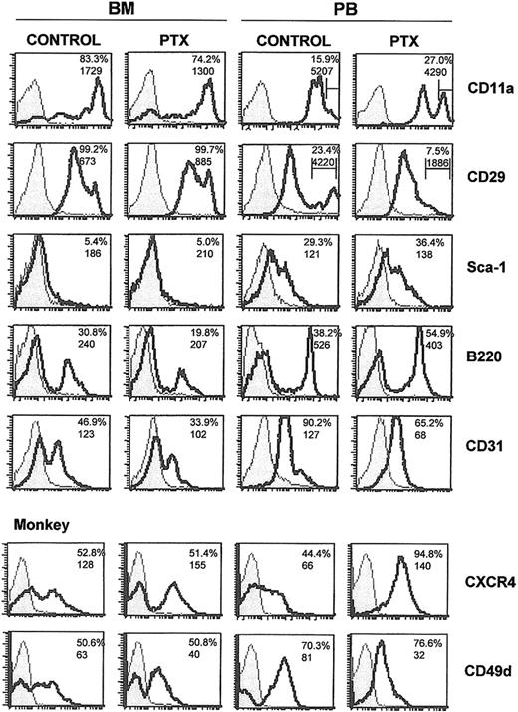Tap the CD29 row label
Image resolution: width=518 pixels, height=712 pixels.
487,182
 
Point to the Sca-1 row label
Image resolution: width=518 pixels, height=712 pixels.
487,267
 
